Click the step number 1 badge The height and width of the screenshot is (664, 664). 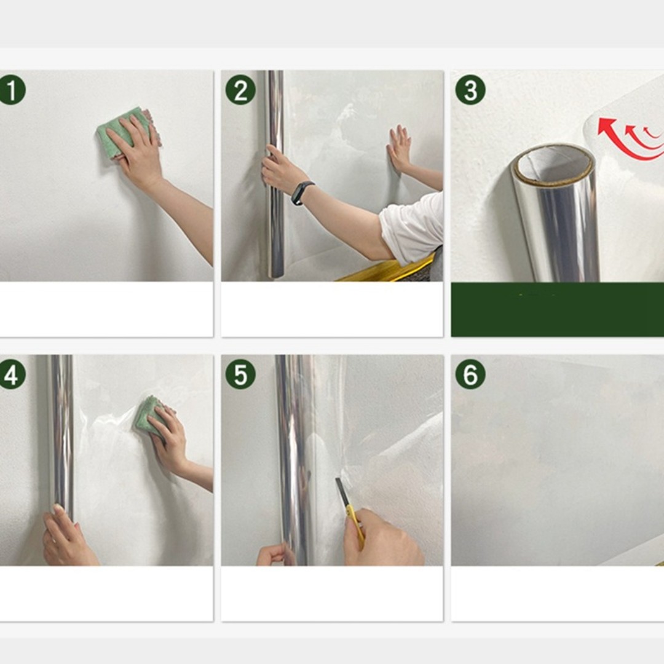click(x=12, y=90)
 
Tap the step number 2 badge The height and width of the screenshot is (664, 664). click(x=240, y=90)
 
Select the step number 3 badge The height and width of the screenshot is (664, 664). click(x=470, y=90)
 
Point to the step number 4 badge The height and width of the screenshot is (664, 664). click(x=12, y=374)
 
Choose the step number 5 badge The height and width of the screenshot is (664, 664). click(x=240, y=374)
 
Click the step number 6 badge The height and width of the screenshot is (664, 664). click(x=470, y=374)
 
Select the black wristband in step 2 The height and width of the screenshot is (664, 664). click(x=302, y=192)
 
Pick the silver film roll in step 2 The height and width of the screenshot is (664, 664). click(x=274, y=173)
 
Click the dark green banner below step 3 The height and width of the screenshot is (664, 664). click(x=557, y=309)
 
